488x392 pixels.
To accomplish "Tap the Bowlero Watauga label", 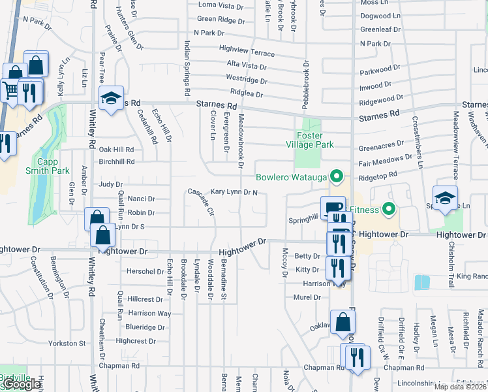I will coord(292,176).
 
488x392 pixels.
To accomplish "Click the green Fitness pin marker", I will coord(389,210).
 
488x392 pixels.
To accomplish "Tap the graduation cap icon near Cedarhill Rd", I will coord(112,99).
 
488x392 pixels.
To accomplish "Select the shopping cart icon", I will coord(10,90).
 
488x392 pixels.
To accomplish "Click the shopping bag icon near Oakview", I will coord(343,321).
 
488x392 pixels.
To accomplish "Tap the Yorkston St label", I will coord(69,343).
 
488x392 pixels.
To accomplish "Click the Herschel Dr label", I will coord(145,271).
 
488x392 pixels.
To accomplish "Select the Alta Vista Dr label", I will coord(247,66).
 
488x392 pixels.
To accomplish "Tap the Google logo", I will coord(23,384).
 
